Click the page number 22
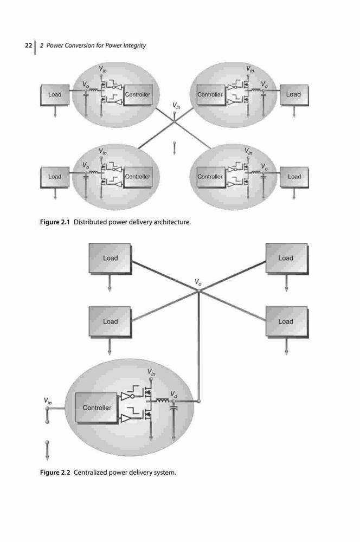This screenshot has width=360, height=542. coord(28,46)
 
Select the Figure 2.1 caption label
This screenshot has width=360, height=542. coord(55,222)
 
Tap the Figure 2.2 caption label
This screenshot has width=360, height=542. coord(55,472)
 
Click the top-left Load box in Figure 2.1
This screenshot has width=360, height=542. coord(55,95)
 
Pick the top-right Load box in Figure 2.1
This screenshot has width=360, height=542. coord(294,95)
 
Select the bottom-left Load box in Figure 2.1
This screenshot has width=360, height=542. coord(55,177)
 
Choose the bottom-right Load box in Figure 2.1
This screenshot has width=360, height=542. coord(294,177)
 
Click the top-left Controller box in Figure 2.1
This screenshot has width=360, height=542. coord(138,95)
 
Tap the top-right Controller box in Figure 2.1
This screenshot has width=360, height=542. coord(210,95)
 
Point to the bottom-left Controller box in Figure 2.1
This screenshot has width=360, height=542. coord(138,177)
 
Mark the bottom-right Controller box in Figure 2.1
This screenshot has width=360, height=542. coord(210,177)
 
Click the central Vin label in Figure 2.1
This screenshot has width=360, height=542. coord(176,106)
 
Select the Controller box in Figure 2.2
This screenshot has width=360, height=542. coord(97,408)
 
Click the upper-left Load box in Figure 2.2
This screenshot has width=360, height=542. coord(110,259)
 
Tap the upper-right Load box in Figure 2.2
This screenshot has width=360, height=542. coord(286,259)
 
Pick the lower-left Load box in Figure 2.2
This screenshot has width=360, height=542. coord(110,322)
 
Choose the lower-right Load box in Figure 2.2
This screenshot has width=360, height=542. coord(286,322)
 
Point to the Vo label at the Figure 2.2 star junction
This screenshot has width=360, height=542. coord(198,282)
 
